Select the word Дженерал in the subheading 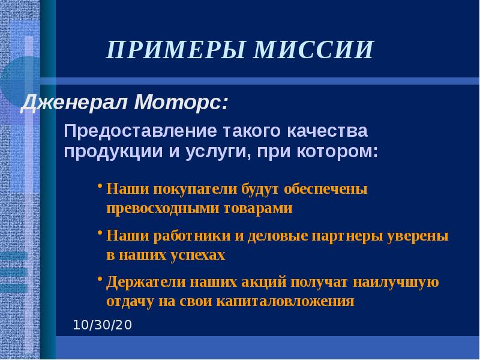pyautogui.click(x=74, y=103)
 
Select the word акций pyautogui.click(x=260, y=282)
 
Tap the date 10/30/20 pyautogui.click(x=102, y=326)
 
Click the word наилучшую pyautogui.click(x=395, y=282)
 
